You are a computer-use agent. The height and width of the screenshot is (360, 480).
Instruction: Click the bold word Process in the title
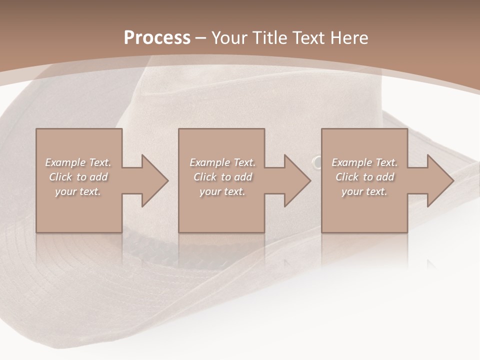(157, 38)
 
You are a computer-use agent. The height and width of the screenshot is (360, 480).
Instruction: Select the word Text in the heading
(306, 38)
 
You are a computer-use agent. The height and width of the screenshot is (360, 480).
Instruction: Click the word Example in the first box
(65, 162)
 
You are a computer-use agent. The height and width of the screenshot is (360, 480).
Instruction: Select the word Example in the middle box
(209, 162)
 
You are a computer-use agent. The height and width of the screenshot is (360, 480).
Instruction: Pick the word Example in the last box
(351, 162)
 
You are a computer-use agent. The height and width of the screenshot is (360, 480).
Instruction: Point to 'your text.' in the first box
(78, 191)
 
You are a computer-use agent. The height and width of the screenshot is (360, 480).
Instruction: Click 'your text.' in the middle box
(222, 191)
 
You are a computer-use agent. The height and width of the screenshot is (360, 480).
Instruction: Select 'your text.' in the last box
(364, 191)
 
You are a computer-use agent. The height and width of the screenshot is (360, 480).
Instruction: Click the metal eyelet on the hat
(317, 162)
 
